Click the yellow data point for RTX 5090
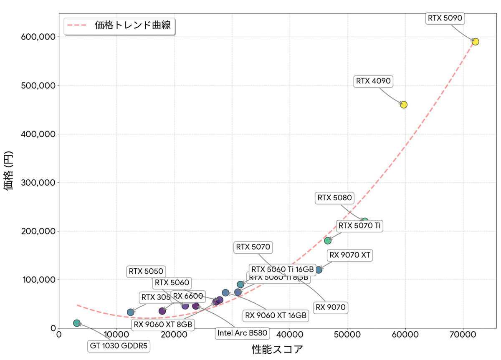tap(475, 42)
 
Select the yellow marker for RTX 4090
tap(404, 105)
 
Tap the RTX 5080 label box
tap(335, 198)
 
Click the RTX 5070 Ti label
tap(359, 226)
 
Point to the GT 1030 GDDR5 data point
tap(77, 323)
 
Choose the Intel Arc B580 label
tap(243, 333)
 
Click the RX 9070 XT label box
tap(350, 255)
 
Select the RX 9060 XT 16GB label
tap(276, 315)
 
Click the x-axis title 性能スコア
tap(277, 349)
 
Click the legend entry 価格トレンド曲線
tap(132, 25)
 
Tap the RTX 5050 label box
tap(146, 272)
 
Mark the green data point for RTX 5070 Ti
tap(328, 240)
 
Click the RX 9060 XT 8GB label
tap(163, 324)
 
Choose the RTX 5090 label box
tap(445, 18)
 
